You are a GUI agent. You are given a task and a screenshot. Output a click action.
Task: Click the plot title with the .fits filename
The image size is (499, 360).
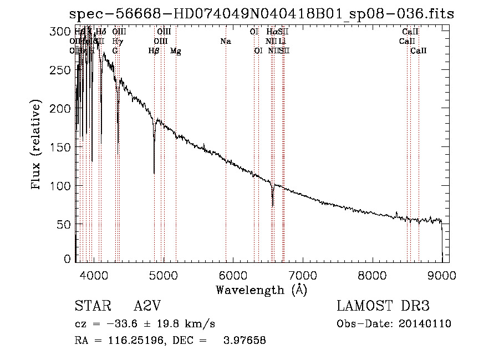point(261,14)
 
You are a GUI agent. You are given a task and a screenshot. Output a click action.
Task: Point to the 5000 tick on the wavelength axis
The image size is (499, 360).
point(163,275)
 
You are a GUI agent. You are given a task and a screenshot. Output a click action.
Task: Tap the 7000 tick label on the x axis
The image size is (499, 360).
point(302,275)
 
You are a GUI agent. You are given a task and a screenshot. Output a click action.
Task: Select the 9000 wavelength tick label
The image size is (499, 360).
point(441,275)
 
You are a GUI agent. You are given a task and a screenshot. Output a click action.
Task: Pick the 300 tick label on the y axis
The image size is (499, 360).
point(58,32)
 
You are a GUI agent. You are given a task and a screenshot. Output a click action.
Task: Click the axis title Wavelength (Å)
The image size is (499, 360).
point(261,290)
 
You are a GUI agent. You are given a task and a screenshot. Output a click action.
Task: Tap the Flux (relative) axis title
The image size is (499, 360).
point(37,145)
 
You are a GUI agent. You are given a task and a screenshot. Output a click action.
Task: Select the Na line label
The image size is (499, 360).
point(226,41)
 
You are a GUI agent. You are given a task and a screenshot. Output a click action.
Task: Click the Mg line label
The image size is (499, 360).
point(176,51)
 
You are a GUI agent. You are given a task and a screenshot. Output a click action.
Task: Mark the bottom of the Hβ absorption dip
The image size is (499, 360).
point(154,173)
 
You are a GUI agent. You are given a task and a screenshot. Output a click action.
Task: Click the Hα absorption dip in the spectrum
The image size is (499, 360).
point(272,204)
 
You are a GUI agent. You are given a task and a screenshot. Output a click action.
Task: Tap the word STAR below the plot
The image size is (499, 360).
point(89,306)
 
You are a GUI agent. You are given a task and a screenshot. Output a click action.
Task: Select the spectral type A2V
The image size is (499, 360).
point(146,306)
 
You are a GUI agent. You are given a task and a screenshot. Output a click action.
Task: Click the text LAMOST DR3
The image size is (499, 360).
point(383,306)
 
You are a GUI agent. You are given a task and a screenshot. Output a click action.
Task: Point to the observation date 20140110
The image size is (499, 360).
point(427,324)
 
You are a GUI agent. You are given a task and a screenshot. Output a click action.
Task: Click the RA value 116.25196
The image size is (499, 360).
point(133,341)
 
